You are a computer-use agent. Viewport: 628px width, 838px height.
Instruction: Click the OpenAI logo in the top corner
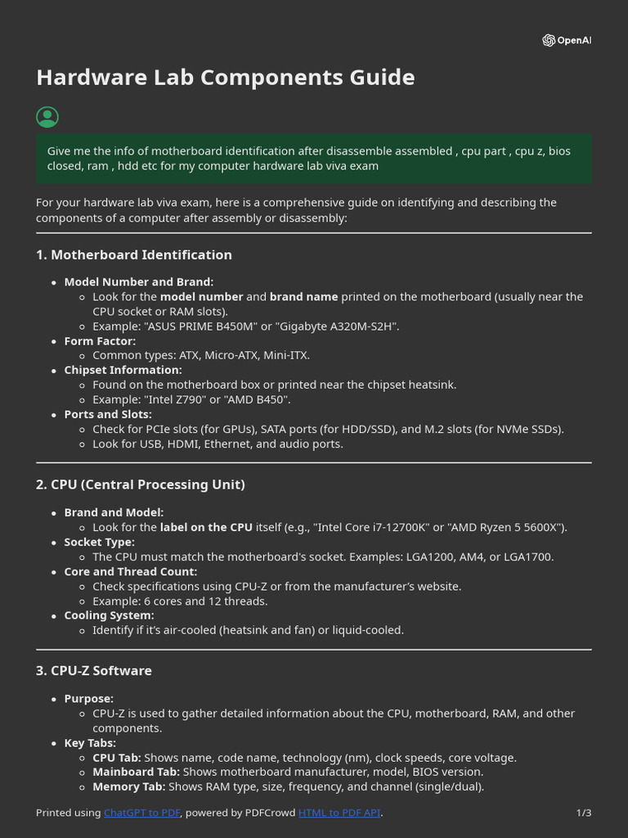[x=566, y=41]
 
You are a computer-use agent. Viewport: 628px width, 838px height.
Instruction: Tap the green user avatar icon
[x=47, y=117]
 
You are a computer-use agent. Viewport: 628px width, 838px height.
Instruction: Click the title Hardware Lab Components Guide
[x=225, y=78]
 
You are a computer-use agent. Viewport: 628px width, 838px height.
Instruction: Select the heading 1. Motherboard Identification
[x=133, y=255]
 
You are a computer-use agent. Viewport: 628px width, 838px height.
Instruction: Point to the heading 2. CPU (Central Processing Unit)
[x=140, y=484]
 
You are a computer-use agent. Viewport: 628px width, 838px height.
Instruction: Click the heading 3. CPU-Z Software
[x=93, y=671]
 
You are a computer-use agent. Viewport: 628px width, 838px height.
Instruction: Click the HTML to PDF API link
[x=339, y=813]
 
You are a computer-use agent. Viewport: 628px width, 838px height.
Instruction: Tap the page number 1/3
[x=583, y=813]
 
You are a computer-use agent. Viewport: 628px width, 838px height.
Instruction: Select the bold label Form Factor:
[x=100, y=341]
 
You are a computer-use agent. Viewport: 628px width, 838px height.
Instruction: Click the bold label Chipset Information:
[x=123, y=370]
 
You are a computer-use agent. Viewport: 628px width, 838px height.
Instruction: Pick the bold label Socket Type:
[x=99, y=543]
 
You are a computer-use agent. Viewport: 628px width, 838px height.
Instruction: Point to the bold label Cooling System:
[x=109, y=615]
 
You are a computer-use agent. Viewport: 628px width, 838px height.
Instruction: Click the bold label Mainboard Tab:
[x=136, y=772]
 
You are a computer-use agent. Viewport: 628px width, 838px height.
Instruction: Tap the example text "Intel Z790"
[x=177, y=399]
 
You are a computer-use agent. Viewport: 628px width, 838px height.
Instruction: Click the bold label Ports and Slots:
[x=108, y=415]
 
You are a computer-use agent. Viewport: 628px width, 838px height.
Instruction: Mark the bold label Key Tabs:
[x=90, y=743]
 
